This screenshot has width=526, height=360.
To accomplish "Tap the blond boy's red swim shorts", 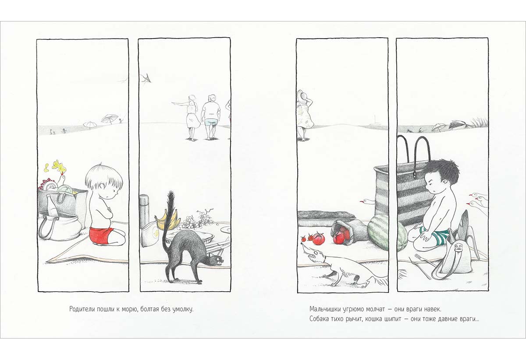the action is (x=101, y=235).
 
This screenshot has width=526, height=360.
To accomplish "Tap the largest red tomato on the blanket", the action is (x=318, y=238).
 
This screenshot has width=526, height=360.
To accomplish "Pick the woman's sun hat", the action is (x=302, y=96).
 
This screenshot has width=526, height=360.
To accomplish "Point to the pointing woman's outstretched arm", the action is (x=180, y=103).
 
